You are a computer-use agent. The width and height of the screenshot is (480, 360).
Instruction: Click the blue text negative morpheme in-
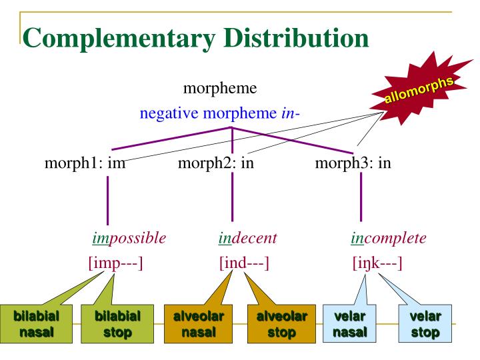(220, 113)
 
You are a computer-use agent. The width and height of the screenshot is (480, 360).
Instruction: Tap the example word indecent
(248, 238)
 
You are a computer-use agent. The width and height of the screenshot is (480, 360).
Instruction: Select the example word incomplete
(389, 238)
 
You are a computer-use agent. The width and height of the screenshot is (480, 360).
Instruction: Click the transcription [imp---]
(116, 263)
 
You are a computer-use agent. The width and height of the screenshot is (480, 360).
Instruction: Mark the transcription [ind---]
(244, 263)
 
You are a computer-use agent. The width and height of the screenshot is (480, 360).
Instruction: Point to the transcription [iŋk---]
(377, 263)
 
